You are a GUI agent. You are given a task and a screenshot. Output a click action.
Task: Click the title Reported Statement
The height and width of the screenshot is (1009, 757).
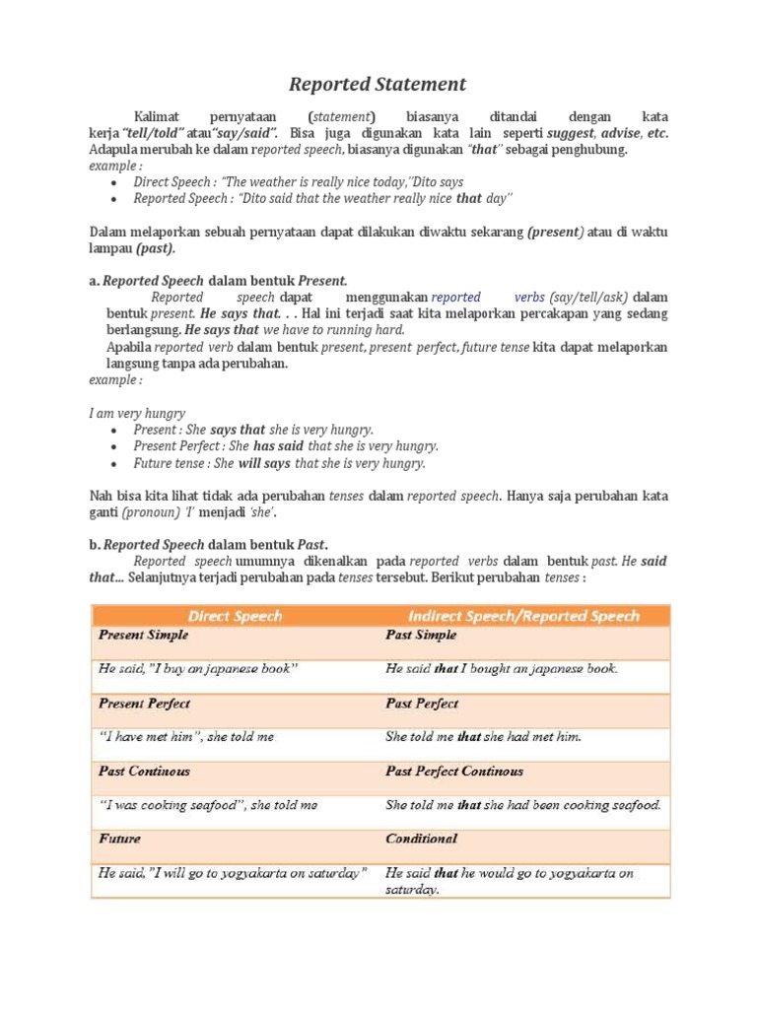pos(378,84)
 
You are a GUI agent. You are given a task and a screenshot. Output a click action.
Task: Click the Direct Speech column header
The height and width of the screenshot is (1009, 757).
pos(235,616)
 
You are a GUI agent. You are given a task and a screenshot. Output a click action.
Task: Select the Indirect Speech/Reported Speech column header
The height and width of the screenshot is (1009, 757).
pos(523,616)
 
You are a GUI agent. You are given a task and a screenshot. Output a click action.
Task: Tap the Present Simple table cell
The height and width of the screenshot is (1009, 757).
pos(144,636)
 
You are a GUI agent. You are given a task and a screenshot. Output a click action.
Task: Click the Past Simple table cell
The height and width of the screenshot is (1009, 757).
pos(421,636)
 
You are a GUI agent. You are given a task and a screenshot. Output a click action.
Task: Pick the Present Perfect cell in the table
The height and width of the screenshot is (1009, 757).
pos(145,704)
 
